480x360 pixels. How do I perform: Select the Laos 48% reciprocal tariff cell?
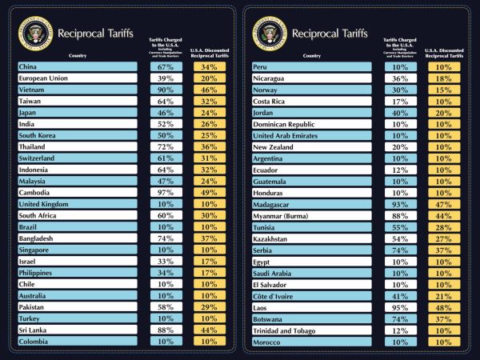pos(443,308)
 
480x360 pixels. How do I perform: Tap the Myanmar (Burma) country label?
pos(282,216)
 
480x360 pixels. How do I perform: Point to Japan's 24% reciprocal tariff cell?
pos(209,113)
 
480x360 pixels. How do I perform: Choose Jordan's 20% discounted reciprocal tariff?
pos(443,113)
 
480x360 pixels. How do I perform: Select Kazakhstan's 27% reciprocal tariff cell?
pos(443,239)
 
